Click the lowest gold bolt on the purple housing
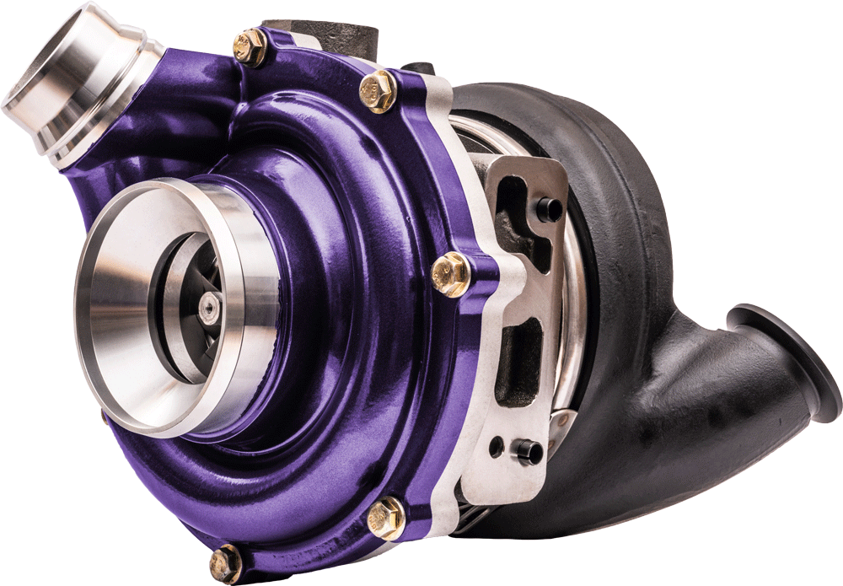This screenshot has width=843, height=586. [x=226, y=562]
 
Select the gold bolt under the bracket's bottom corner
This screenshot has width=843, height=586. [x=387, y=516]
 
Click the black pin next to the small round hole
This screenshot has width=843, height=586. [x=529, y=451]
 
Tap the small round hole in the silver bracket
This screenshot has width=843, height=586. [x=497, y=444]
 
